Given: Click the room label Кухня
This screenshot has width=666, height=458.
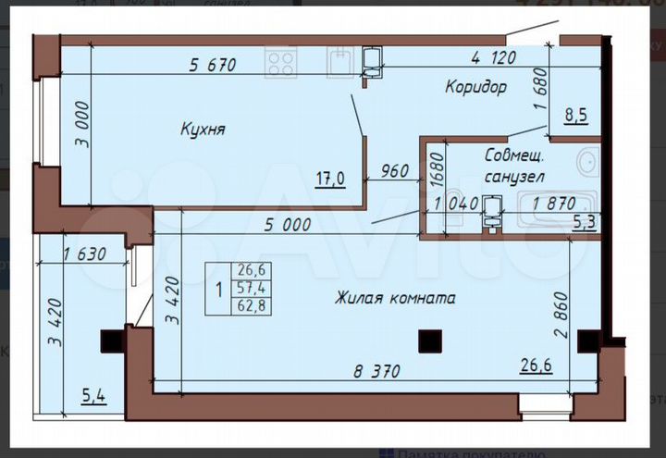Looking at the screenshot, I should [x=203, y=130].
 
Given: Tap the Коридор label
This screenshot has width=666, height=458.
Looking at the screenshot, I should [x=475, y=88].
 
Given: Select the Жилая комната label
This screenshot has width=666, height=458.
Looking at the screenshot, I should [x=395, y=298].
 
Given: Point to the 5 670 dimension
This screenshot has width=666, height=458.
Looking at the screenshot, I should [x=213, y=65].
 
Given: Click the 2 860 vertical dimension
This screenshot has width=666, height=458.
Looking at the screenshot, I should [x=573, y=315].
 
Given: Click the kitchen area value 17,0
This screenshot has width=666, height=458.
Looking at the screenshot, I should [x=328, y=179].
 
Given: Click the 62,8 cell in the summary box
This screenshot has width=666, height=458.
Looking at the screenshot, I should [x=252, y=306].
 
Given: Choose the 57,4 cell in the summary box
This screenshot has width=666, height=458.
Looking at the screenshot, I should [x=252, y=288].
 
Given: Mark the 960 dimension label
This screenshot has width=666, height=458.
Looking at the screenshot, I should [x=395, y=171].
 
